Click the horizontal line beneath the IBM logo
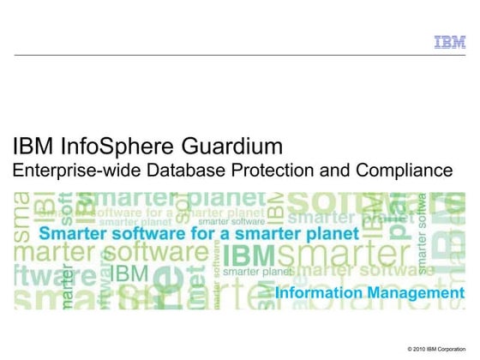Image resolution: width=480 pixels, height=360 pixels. click(240, 55)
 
